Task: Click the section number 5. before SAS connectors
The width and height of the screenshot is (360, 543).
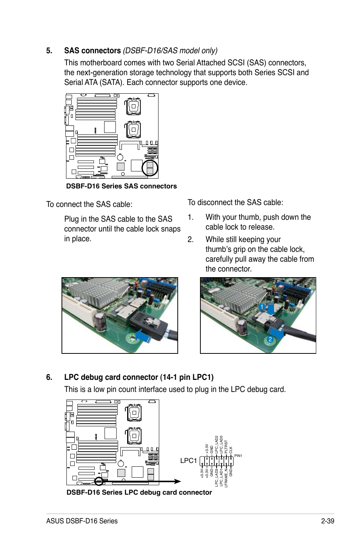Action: [49, 51]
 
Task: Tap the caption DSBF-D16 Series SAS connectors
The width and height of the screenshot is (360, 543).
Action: [121, 186]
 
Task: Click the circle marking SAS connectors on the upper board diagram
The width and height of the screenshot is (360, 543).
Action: [150, 168]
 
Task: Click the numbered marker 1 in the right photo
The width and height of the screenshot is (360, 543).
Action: [262, 307]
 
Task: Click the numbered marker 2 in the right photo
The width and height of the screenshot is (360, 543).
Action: [270, 339]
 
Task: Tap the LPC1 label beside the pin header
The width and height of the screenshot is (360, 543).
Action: [188, 461]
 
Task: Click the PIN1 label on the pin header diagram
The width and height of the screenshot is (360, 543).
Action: [238, 456]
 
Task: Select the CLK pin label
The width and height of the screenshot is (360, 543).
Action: [231, 450]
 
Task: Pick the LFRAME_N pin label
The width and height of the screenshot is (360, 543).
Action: [226, 478]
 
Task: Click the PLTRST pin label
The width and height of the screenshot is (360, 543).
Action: [226, 446]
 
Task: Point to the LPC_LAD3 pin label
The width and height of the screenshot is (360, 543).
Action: [216, 477]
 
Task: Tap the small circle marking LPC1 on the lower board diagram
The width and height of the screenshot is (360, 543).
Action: [99, 481]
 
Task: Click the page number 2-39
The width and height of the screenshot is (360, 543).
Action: [328, 521]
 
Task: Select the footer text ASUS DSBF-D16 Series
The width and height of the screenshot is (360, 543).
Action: [82, 521]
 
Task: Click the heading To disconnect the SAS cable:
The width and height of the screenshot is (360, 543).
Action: [235, 202]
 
